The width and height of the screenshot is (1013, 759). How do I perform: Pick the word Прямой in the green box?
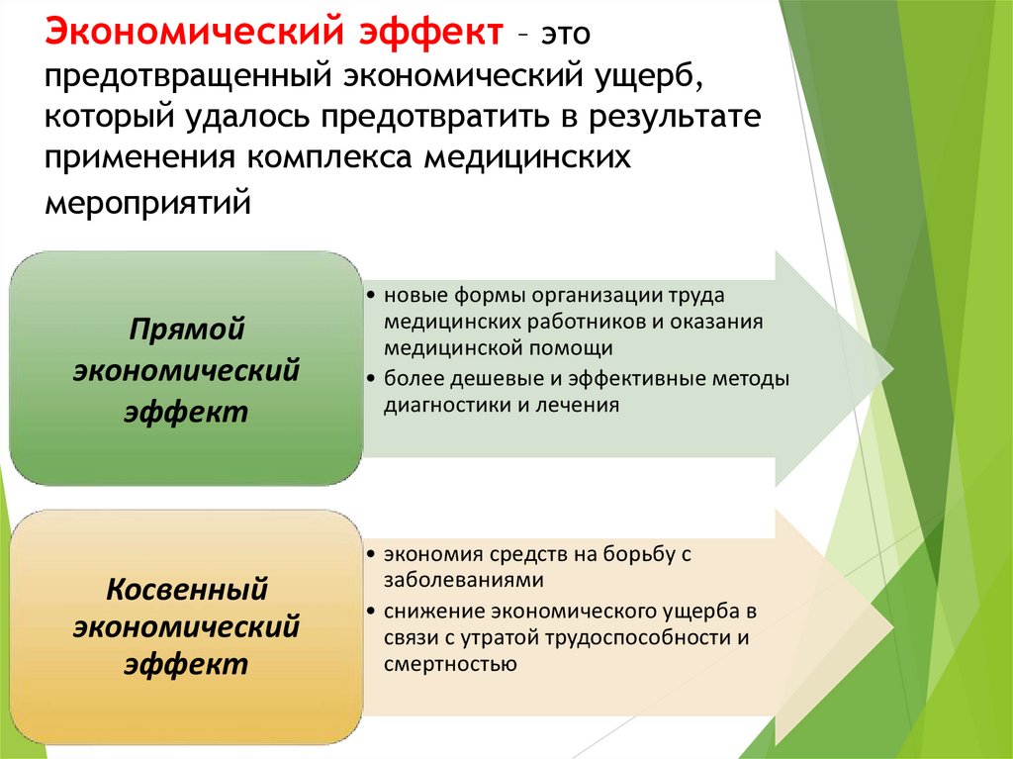187,330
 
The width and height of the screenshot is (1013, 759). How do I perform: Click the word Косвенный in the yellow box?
187,590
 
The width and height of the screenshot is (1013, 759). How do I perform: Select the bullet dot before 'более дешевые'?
369,379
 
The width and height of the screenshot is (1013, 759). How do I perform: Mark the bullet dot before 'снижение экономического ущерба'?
369,610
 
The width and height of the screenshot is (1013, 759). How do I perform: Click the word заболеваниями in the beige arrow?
451,580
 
